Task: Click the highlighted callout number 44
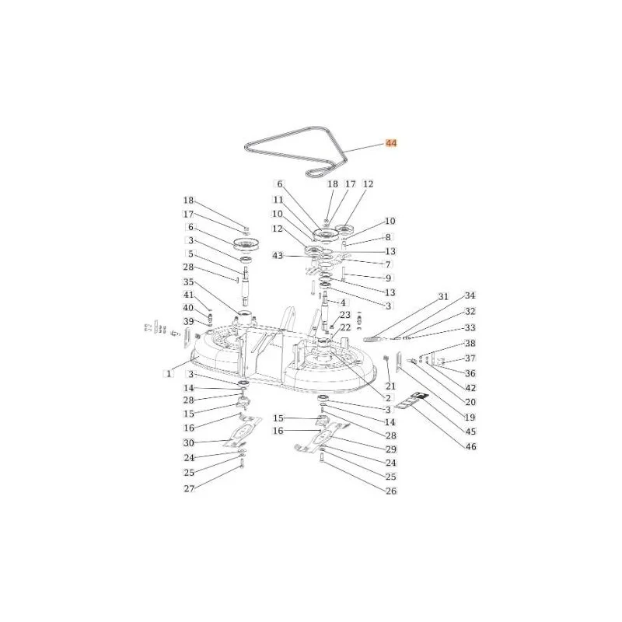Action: click(x=391, y=143)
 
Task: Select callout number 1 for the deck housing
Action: click(x=169, y=374)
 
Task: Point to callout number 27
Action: click(x=189, y=488)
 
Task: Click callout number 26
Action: click(x=391, y=491)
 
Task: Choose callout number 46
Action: click(x=470, y=446)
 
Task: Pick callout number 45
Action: click(x=470, y=432)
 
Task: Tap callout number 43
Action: click(x=278, y=256)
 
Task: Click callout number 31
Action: click(x=443, y=296)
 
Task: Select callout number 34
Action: click(x=470, y=295)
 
